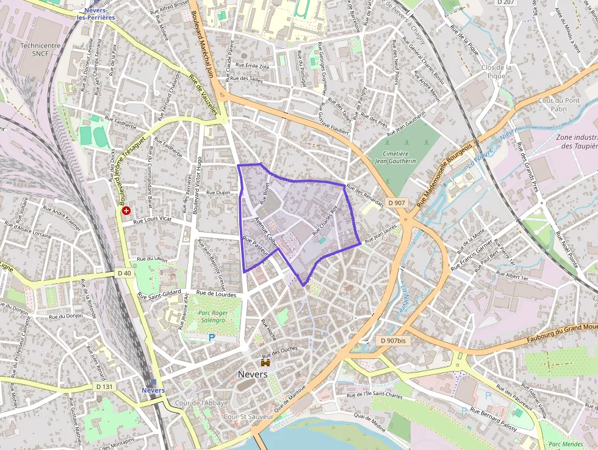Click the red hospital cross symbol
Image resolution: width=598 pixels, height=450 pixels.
coord(126,211)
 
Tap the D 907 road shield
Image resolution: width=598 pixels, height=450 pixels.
coord(395,203)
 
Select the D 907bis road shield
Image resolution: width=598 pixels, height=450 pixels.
coord(392,340)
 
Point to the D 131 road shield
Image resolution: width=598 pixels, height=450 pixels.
coord(105,386)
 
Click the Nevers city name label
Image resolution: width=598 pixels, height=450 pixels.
coord(253,374)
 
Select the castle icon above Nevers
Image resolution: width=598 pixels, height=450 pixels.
coord(265,363)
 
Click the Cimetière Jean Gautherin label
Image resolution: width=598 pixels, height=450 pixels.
coord(395,157)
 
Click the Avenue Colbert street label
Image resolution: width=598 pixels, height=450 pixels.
coord(266,231)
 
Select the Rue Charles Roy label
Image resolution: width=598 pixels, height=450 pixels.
coord(325,221)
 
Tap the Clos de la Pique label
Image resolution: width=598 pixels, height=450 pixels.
coord(496,71)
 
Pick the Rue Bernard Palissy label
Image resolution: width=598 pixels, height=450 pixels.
coord(494,420)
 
